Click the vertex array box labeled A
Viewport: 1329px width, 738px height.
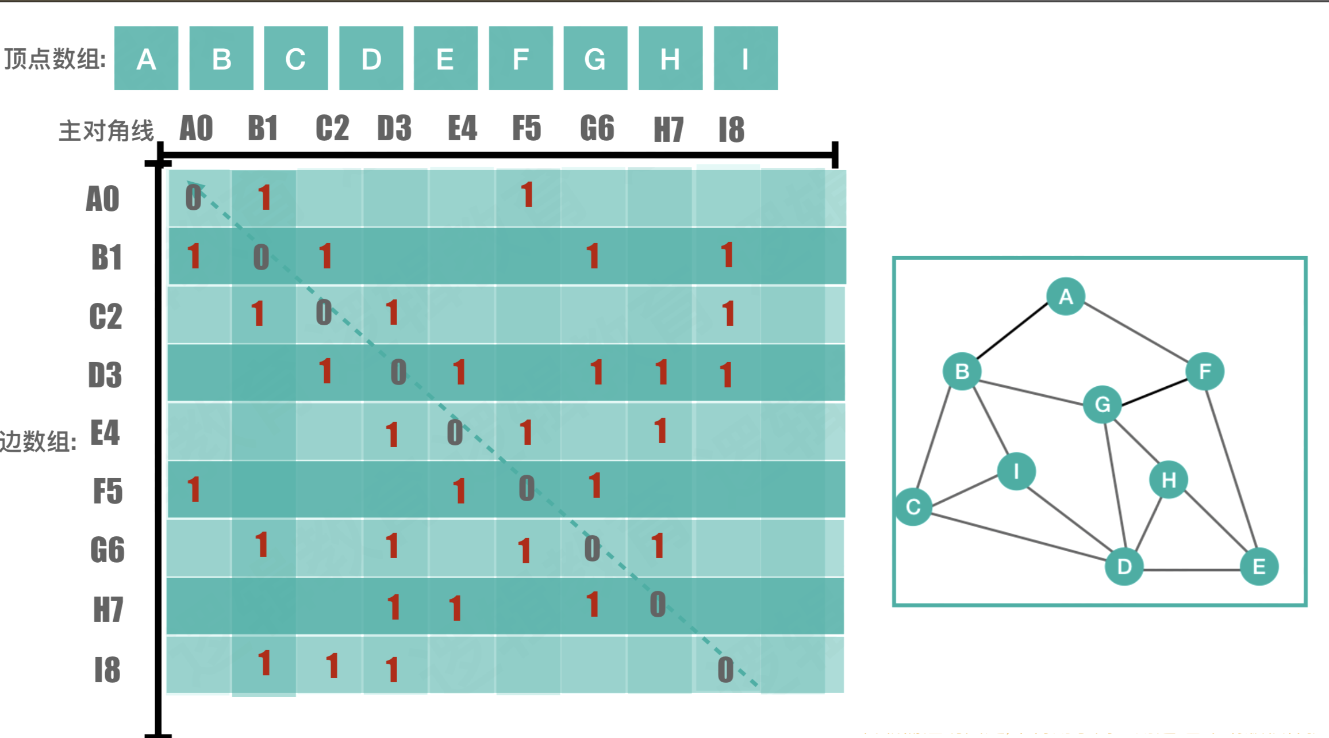tap(146, 59)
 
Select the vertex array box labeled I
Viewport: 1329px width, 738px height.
tap(746, 59)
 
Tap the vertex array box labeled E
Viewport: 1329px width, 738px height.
tap(445, 59)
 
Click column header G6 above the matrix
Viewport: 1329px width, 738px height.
tap(597, 128)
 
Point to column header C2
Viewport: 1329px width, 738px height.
tap(332, 128)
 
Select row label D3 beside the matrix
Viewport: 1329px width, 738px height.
tap(105, 375)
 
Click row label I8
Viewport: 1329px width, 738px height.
tap(107, 670)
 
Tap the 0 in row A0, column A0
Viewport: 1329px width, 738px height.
tap(194, 198)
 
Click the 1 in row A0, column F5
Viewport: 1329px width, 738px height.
tap(527, 195)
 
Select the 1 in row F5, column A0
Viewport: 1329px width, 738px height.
tap(194, 489)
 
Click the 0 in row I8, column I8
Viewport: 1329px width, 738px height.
tap(725, 670)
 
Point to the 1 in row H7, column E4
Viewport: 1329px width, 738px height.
tap(456, 608)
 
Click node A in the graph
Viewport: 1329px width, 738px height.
tap(1066, 297)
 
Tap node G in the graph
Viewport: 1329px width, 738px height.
tap(1102, 404)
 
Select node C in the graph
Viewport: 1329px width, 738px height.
tap(913, 507)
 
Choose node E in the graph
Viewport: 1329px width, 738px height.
tap(1259, 567)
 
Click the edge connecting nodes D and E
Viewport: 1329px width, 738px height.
tap(1192, 570)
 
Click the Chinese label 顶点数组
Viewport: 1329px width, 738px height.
tap(55, 59)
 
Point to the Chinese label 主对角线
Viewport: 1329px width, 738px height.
tap(106, 131)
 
